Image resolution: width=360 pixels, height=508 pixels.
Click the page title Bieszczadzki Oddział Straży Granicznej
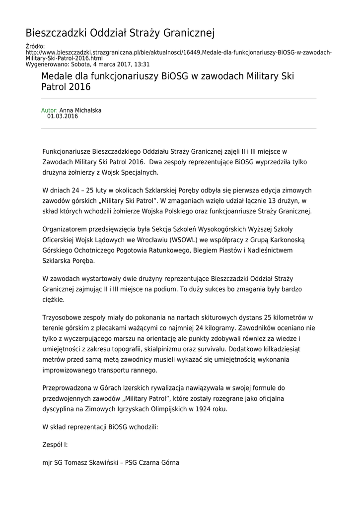120,33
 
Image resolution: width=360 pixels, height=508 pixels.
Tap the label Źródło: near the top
35,47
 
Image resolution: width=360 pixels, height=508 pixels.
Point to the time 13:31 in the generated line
142,64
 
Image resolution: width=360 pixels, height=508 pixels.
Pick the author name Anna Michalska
80,111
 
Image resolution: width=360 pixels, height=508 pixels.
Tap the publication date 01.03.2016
63,117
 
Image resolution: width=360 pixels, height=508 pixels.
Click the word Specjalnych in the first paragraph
140,172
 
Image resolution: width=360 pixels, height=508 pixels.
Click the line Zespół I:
55,445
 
